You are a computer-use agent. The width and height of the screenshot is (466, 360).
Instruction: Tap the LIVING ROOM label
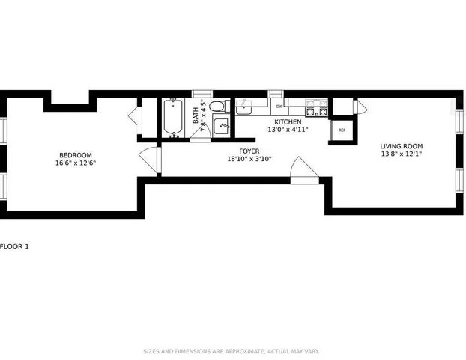click(x=402, y=146)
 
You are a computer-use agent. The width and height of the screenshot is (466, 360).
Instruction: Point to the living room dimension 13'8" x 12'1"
click(x=402, y=155)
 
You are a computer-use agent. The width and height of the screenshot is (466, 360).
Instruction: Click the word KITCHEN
click(x=288, y=121)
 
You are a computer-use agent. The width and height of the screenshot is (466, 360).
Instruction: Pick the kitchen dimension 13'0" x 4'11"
click(x=288, y=130)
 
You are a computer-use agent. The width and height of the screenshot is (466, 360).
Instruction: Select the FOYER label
click(x=249, y=151)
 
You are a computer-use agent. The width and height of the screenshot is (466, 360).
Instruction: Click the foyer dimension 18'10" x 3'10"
click(x=249, y=159)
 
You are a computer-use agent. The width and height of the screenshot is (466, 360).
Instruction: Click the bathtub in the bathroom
click(x=174, y=118)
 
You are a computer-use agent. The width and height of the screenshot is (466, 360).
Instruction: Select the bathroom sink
click(x=221, y=126)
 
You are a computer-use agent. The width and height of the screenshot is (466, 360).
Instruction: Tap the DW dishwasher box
click(x=279, y=106)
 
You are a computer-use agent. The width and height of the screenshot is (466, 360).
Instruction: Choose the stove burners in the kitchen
click(x=317, y=109)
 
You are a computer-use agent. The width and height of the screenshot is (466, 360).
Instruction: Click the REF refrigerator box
click(x=342, y=130)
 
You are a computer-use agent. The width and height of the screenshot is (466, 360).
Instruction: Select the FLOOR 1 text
click(x=15, y=246)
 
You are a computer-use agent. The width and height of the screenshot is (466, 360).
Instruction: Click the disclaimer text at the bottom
click(x=232, y=351)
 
